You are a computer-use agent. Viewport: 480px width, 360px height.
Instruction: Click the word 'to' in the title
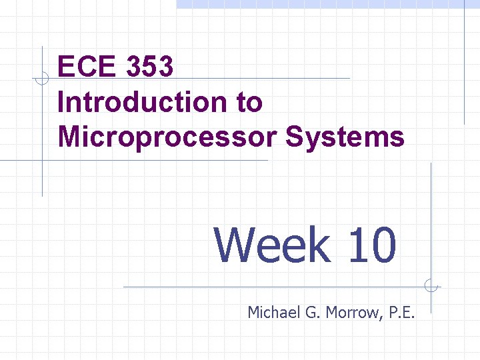coord(249,102)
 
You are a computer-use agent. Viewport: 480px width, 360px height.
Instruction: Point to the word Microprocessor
coord(167,137)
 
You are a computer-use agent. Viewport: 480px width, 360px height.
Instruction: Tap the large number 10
coord(371,245)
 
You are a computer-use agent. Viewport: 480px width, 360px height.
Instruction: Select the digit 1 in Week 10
coord(357,245)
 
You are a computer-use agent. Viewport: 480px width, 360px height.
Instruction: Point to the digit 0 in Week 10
coord(383,245)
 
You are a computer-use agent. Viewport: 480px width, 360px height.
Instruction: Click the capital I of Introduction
coord(62,102)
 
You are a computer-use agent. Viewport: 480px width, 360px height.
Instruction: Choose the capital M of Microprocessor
coord(70,137)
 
